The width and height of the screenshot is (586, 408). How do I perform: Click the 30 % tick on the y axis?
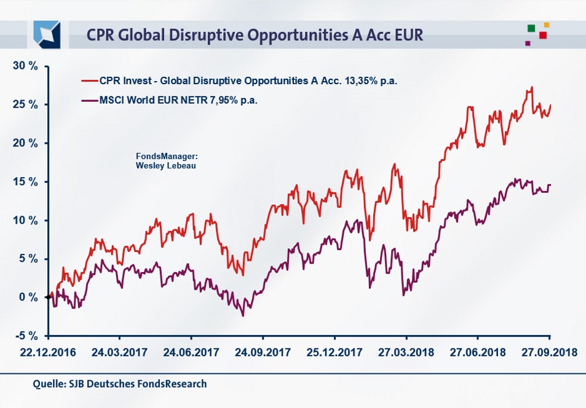point(25,66)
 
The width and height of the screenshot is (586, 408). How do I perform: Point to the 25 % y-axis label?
point(25,104)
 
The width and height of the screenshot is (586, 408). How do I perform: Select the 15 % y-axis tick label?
point(25,182)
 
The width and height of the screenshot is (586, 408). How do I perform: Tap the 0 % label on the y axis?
point(28,297)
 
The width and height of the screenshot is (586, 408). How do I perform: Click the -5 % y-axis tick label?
point(26,336)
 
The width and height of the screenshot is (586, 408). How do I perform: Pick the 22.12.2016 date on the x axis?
point(49,353)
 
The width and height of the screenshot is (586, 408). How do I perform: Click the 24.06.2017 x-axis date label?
point(191,353)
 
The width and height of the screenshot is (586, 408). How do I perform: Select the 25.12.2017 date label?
point(335,353)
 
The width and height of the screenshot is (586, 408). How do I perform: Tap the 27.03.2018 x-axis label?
point(406,353)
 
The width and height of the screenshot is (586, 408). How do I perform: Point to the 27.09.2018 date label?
point(549,353)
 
